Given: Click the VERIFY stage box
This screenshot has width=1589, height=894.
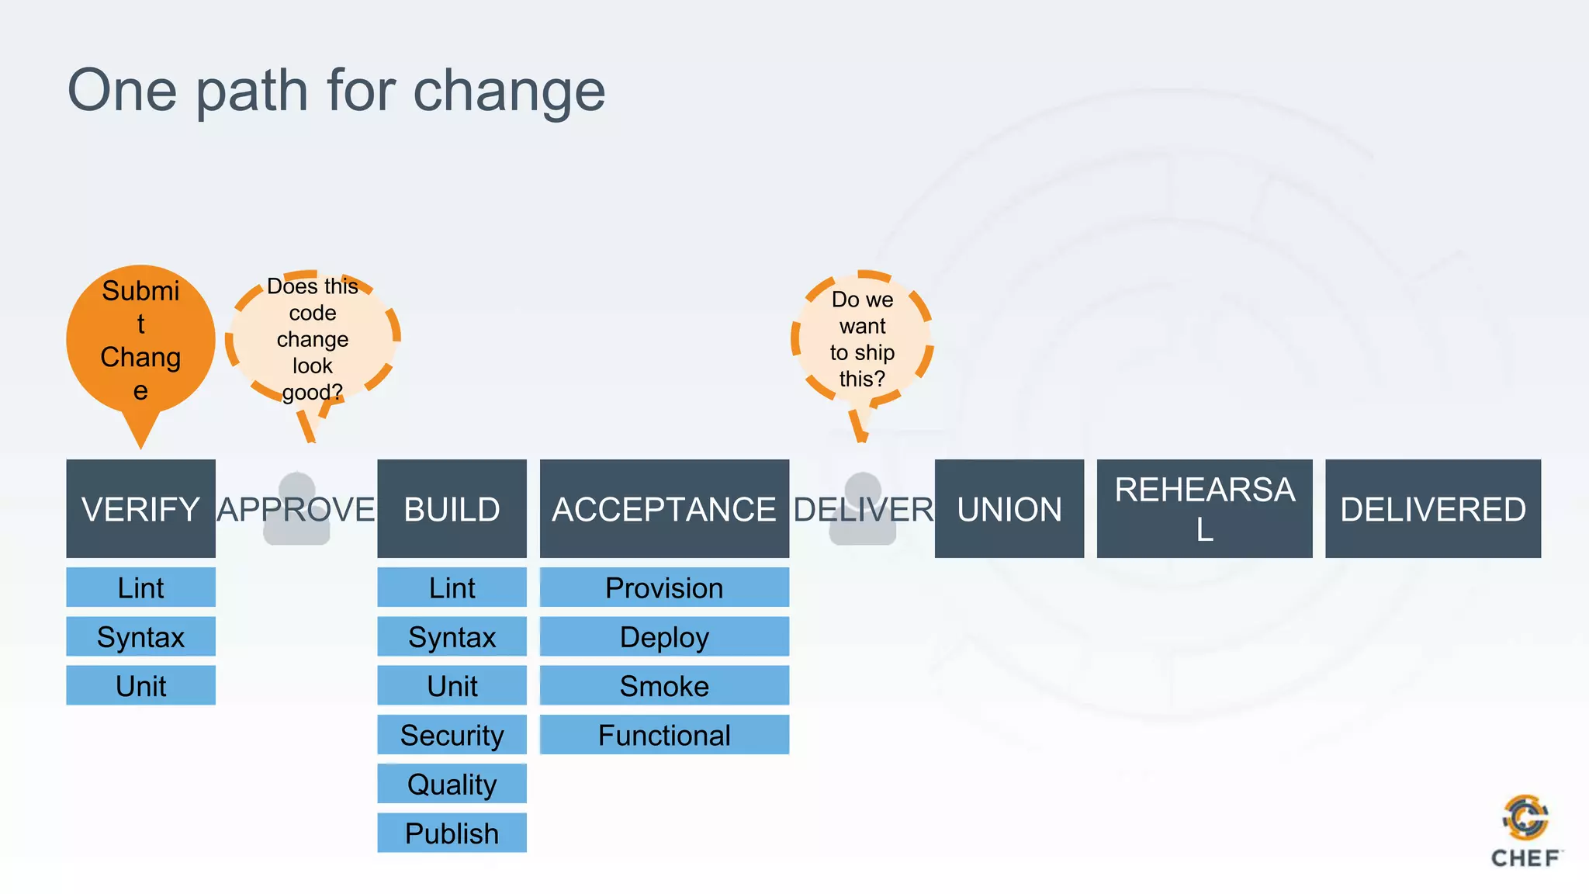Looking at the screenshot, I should click(x=140, y=508).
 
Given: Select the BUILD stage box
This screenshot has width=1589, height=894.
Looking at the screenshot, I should click(x=452, y=508).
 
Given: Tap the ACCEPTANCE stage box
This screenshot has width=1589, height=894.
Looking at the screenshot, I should click(x=664, y=508).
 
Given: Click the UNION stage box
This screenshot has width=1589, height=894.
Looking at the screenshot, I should click(x=1009, y=508).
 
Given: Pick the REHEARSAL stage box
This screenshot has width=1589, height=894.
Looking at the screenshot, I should click(x=1204, y=508).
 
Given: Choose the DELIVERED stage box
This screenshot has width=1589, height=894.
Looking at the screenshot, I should click(x=1432, y=508).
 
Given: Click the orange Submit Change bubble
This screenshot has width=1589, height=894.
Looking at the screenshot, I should click(x=140, y=340).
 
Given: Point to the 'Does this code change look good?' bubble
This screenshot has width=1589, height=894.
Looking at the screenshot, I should click(x=313, y=338).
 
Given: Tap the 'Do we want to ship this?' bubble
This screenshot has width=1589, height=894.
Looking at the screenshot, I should click(x=862, y=339).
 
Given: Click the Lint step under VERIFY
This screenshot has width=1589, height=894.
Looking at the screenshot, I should click(x=140, y=587).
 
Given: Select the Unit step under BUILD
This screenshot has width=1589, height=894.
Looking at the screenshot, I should click(x=452, y=686).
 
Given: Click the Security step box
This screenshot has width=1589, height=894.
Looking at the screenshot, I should click(x=452, y=735).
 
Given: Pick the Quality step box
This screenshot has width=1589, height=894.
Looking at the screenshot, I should click(x=452, y=784).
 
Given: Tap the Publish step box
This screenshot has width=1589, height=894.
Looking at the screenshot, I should click(x=452, y=833).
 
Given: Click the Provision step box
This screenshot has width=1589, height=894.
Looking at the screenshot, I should click(x=664, y=587).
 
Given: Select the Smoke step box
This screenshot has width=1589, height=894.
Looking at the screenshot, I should click(x=664, y=686).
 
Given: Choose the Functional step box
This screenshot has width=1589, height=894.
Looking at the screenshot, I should click(x=664, y=735).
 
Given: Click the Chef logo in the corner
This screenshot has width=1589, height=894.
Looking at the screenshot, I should click(x=1525, y=830).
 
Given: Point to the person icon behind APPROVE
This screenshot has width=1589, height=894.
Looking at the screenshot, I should click(x=296, y=508).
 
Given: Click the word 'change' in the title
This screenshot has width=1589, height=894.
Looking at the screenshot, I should click(x=508, y=91).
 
